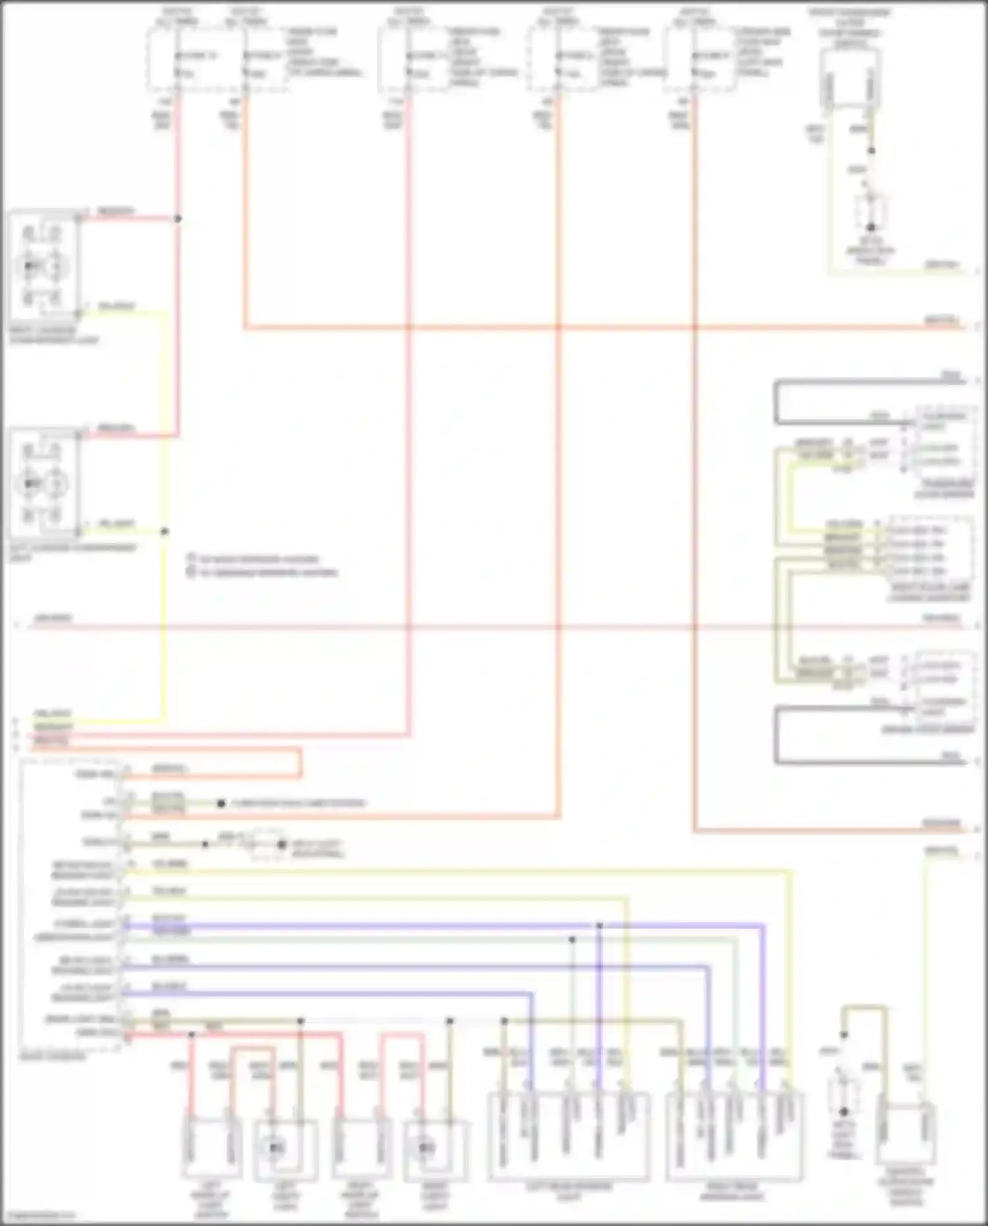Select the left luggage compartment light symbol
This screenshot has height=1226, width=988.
coord(42,484)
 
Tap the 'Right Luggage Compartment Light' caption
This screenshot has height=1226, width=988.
coord(53,335)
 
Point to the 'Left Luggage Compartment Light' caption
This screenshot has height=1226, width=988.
coord(72,552)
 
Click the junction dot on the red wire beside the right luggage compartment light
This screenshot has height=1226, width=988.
coord(178,219)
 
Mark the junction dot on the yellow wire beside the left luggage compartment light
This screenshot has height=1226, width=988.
coord(165,531)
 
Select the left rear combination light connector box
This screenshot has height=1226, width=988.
coord(568,1136)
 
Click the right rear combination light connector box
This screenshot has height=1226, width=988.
coord(734,1136)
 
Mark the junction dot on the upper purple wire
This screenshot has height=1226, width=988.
coord(599,926)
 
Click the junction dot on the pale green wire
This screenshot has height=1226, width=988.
coord(572,939)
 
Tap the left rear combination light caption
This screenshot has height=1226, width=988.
coord(568,1191)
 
